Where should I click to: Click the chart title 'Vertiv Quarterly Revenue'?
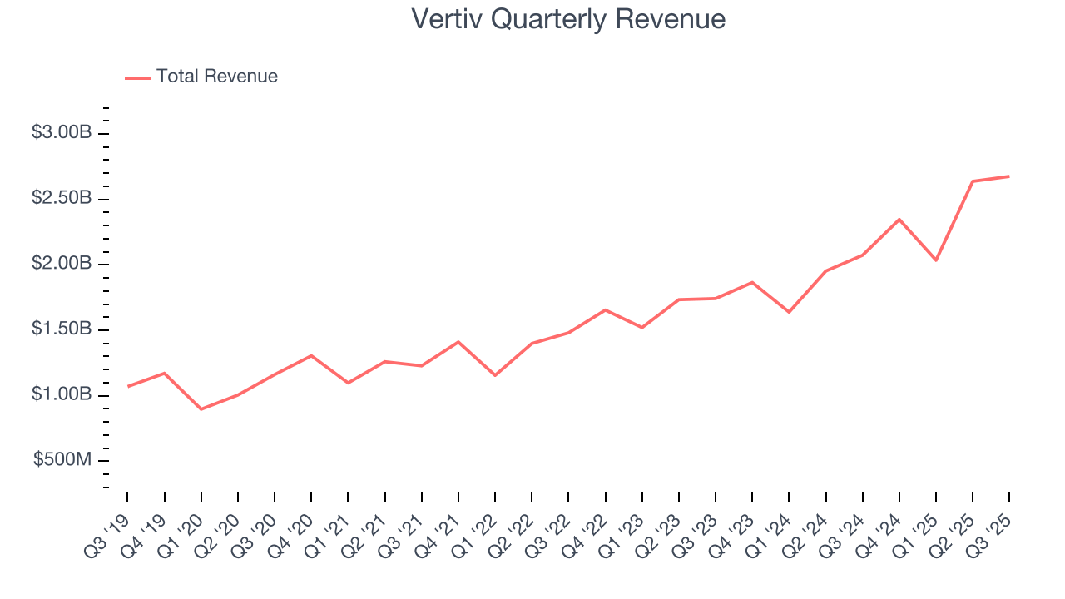click(568, 19)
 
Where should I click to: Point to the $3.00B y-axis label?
click(62, 133)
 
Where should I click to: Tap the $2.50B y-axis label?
click(62, 199)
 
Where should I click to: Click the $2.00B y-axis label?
click(62, 264)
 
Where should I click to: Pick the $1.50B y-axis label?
click(62, 329)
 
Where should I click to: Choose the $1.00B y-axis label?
click(62, 394)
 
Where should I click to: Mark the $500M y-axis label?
click(63, 460)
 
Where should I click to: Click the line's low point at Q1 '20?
click(201, 409)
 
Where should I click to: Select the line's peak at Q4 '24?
click(899, 220)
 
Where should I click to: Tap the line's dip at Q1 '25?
click(936, 260)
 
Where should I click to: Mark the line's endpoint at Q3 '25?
click(1009, 176)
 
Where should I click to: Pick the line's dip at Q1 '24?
click(789, 312)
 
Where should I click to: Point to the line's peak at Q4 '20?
click(311, 356)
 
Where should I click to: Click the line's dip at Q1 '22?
click(495, 375)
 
